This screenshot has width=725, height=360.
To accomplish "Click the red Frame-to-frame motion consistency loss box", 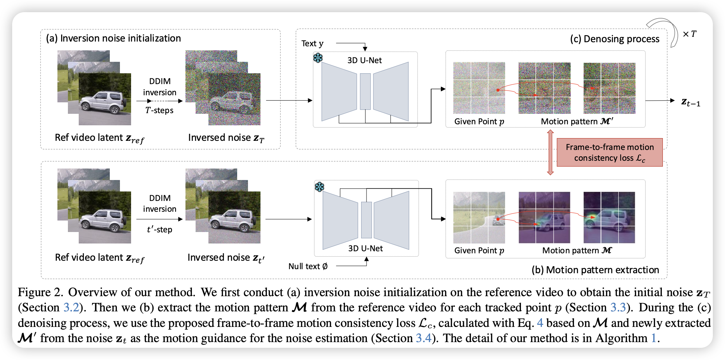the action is click(x=609, y=152).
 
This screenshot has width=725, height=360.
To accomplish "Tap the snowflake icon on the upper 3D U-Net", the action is click(x=318, y=58).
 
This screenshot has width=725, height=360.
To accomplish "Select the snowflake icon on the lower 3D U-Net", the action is click(x=319, y=187).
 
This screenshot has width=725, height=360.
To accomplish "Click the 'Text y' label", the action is click(x=312, y=44).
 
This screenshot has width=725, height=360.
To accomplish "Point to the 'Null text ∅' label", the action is click(x=308, y=266).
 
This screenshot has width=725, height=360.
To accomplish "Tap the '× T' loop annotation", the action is click(x=690, y=34).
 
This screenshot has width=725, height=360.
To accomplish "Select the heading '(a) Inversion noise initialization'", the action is click(x=114, y=38).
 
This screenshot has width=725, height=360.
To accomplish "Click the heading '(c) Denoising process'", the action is click(x=615, y=39).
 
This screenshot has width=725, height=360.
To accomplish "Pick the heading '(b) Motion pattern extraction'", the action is click(x=595, y=270).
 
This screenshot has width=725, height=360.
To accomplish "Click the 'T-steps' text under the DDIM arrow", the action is click(x=159, y=110).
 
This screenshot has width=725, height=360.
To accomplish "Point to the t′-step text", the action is click(x=159, y=230).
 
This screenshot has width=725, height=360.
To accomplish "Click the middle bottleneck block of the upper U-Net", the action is click(x=365, y=92).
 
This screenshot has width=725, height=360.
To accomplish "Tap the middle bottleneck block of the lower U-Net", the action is click(x=367, y=220).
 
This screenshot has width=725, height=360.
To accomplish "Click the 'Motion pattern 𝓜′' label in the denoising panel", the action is click(x=577, y=121).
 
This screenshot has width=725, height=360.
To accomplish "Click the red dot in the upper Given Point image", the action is click(x=498, y=90).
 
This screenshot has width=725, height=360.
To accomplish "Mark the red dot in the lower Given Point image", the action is click(x=498, y=219).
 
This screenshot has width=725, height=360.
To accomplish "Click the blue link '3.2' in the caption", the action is click(x=71, y=307).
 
